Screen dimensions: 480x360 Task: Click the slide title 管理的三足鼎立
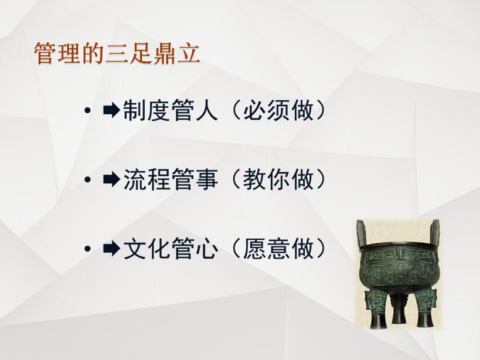pyautogui.click(x=117, y=53)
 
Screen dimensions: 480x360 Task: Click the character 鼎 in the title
pyautogui.click(x=164, y=53)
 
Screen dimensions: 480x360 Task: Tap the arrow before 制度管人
pyautogui.click(x=111, y=110)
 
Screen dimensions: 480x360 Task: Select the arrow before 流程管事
pyautogui.click(x=111, y=179)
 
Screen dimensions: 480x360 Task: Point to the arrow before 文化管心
pyautogui.click(x=111, y=249)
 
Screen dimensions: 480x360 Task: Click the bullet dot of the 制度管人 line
pyautogui.click(x=88, y=110)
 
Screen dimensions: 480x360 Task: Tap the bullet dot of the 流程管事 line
pyautogui.click(x=88, y=179)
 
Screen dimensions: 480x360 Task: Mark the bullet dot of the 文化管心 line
pyautogui.click(x=88, y=249)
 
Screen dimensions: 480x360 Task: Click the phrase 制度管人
pyautogui.click(x=170, y=110)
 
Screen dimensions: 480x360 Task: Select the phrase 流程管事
pyautogui.click(x=171, y=179)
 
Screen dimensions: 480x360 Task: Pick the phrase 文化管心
pyautogui.click(x=171, y=249)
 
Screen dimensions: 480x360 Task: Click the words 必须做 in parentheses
pyautogui.click(x=278, y=110)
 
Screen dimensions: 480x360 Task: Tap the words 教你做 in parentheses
pyautogui.click(x=278, y=179)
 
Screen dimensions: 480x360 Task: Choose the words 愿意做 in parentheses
pyautogui.click(x=278, y=249)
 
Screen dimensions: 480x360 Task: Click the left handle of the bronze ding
pyautogui.click(x=362, y=232)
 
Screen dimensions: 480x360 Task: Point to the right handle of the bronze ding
pyautogui.click(x=434, y=232)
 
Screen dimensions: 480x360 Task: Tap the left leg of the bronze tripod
pyautogui.click(x=376, y=309)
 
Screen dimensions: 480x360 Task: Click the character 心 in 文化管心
pyautogui.click(x=207, y=249)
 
